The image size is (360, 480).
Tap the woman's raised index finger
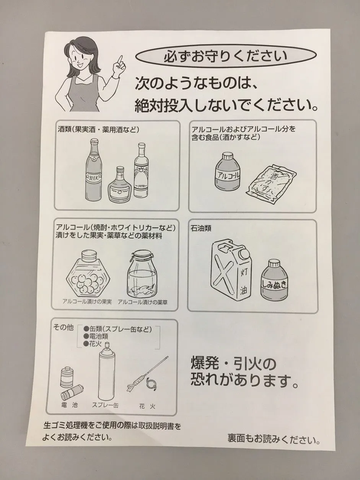point(119,61)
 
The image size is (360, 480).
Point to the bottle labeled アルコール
point(228,171)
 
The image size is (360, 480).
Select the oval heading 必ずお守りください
point(226,56)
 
